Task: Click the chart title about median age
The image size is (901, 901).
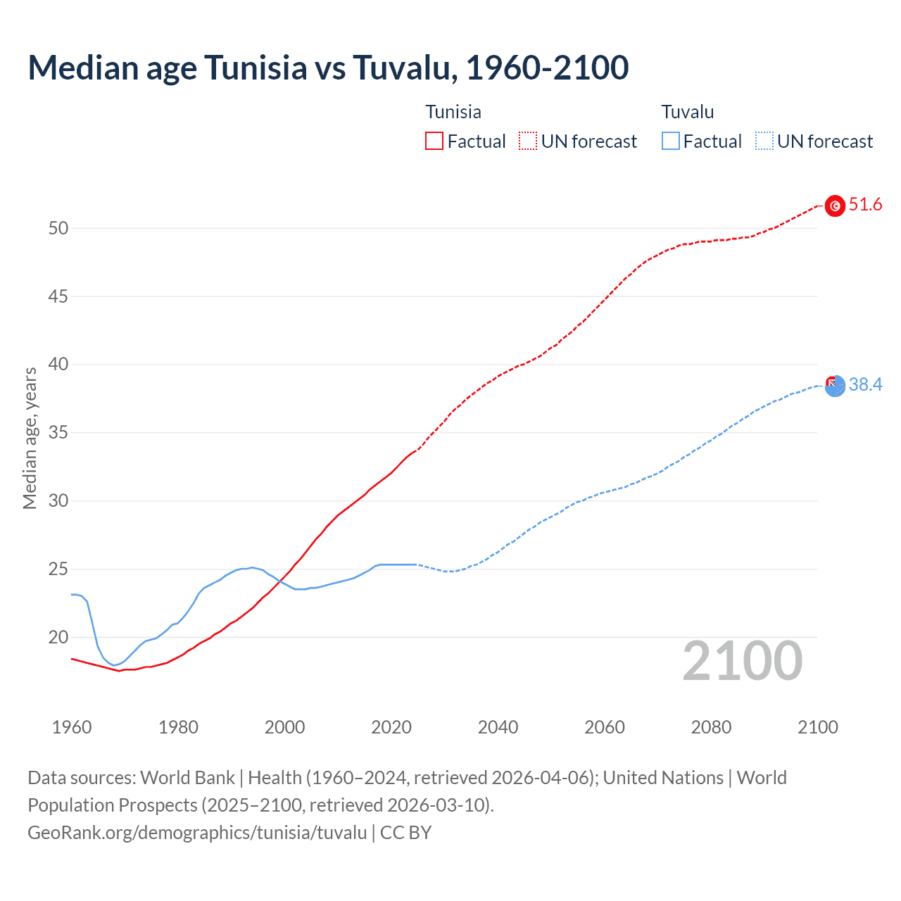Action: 328,68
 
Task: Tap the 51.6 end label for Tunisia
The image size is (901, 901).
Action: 865,205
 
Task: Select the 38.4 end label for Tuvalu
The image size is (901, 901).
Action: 865,384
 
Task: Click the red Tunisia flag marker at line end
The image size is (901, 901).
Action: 835,206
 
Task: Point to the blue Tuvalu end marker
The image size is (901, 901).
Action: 835,386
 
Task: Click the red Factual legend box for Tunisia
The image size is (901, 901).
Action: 434,141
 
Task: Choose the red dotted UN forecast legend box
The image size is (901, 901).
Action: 528,141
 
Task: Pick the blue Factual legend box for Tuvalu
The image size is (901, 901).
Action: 671,141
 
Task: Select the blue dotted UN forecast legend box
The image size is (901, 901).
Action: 764,141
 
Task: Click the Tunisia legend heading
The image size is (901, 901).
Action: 453,112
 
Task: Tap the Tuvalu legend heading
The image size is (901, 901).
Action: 688,112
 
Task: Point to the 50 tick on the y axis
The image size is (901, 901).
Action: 58,228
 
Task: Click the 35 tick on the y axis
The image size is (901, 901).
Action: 58,432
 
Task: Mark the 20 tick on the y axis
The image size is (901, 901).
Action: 58,637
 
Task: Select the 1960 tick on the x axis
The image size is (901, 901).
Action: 72,727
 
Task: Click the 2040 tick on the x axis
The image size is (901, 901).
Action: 498,727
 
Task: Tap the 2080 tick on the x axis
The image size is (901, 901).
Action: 711,727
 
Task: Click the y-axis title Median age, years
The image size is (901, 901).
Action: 30,438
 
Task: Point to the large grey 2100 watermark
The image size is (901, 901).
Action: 743,660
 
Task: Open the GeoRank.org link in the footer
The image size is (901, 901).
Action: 197,833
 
